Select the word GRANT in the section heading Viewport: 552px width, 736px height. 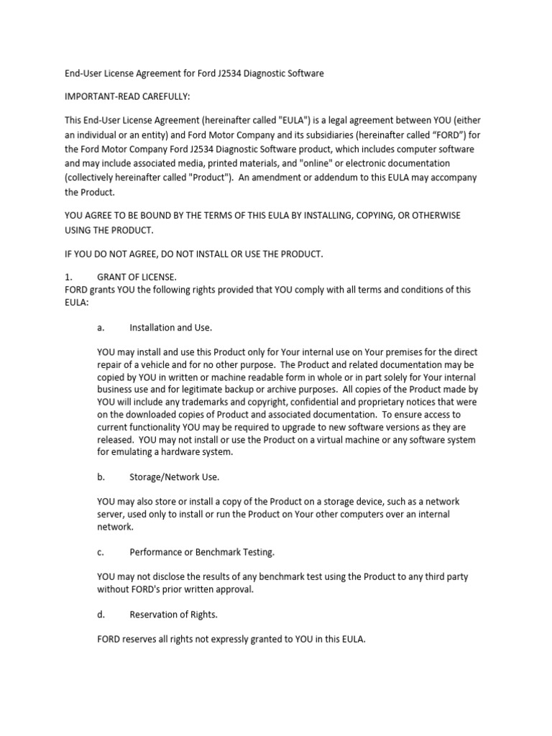click(113, 276)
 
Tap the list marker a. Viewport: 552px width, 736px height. click(101, 328)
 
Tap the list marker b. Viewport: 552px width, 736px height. click(101, 477)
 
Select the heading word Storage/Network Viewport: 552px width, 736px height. click(164, 477)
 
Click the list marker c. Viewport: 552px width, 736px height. click(101, 552)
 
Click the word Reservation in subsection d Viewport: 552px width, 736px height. click(155, 615)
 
